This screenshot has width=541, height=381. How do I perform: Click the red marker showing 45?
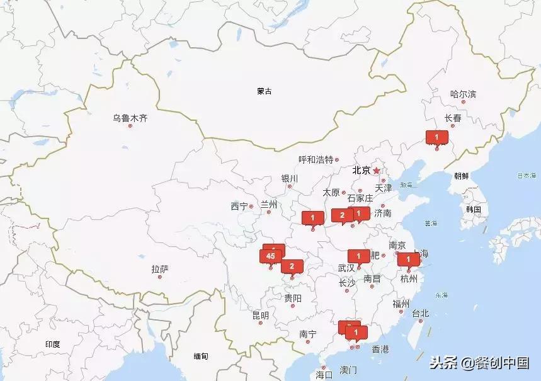(x=271, y=256)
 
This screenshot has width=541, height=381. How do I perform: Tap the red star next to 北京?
(x=377, y=170)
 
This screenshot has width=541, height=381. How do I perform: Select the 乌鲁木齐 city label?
(x=130, y=118)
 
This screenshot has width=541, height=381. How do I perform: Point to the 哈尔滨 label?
(x=463, y=94)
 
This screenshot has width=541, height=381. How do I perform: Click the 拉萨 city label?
(x=160, y=269)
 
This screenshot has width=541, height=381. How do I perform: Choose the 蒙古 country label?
(x=265, y=91)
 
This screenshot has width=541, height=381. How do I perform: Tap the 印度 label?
(x=52, y=344)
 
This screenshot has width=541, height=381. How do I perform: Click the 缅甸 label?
(x=201, y=356)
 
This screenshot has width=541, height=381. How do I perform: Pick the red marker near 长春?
(x=436, y=137)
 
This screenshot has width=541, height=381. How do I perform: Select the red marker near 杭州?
(x=408, y=259)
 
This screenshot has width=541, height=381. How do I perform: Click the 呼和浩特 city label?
(x=316, y=160)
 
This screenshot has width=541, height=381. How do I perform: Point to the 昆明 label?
(x=260, y=315)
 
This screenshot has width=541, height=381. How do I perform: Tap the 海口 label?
(x=324, y=374)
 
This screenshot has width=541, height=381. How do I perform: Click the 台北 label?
(x=420, y=313)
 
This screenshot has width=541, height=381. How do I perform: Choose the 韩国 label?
(x=474, y=210)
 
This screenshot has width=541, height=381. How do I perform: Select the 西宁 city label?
(x=239, y=206)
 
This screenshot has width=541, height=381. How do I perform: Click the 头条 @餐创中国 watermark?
(x=479, y=363)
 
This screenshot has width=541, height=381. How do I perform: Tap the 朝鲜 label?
(x=460, y=176)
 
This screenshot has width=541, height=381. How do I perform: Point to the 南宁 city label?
(x=308, y=334)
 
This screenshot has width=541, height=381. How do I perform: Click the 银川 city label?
(x=290, y=178)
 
